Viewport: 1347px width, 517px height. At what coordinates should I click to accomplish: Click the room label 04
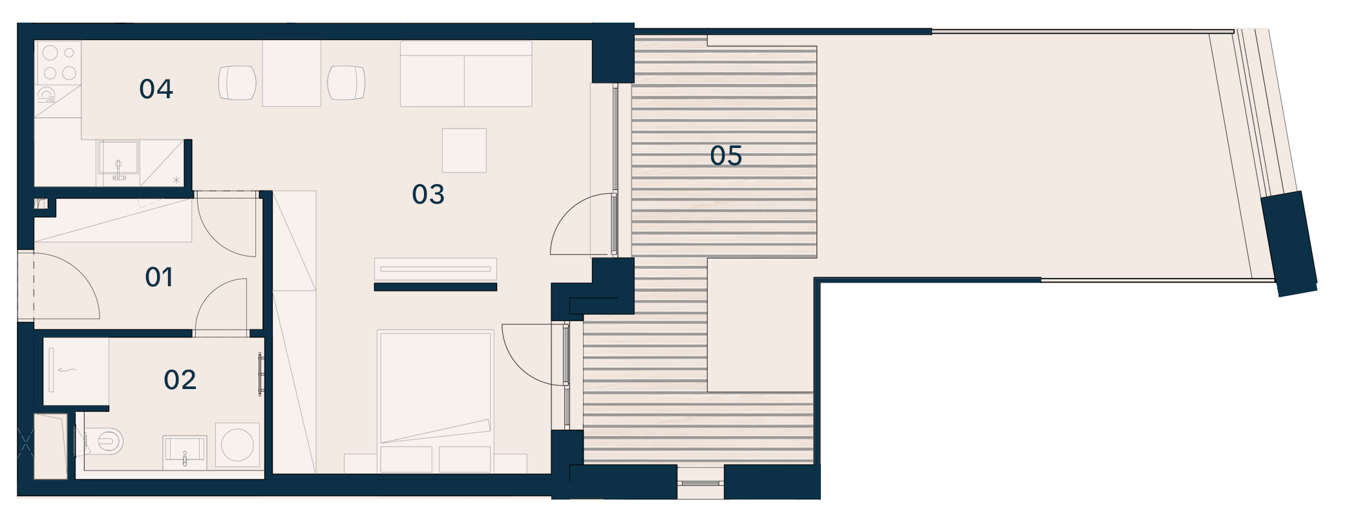pos(156,89)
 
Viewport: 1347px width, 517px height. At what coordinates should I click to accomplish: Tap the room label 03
pos(428,195)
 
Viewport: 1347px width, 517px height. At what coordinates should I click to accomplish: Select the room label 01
pos(159,277)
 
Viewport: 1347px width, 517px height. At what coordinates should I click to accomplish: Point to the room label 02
pos(180,380)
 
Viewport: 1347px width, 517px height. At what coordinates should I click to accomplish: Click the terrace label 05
pos(726,156)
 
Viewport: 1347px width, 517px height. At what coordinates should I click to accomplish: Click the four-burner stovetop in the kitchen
pos(59,63)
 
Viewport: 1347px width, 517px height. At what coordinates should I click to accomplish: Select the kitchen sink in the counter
pos(118,158)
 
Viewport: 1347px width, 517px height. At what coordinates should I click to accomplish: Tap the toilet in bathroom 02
pos(106,442)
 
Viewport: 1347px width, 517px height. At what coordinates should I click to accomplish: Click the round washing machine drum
pos(237,445)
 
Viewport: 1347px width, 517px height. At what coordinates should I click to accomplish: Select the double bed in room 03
pos(436,401)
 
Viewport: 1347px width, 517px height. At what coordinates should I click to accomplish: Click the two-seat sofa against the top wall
pos(466,74)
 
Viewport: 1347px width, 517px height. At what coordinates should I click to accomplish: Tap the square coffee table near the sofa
pos(464,151)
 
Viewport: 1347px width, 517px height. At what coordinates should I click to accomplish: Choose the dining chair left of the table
pos(237,83)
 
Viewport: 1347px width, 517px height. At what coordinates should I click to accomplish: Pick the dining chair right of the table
pos(346,83)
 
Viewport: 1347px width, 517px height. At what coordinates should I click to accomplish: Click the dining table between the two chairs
pos(292,74)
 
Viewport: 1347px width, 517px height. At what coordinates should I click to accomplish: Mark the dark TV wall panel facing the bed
pos(436,287)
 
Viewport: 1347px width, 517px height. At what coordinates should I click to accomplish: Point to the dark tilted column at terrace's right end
pos(1289,244)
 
